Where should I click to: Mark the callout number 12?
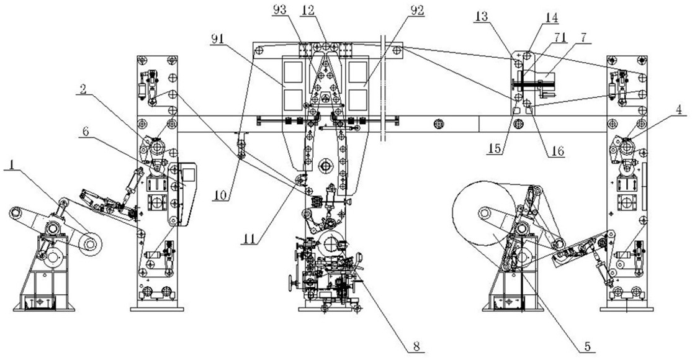(x=308, y=10)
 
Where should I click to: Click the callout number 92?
(x=416, y=10)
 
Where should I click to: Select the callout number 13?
(x=482, y=17)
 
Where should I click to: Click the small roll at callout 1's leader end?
(x=91, y=243)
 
